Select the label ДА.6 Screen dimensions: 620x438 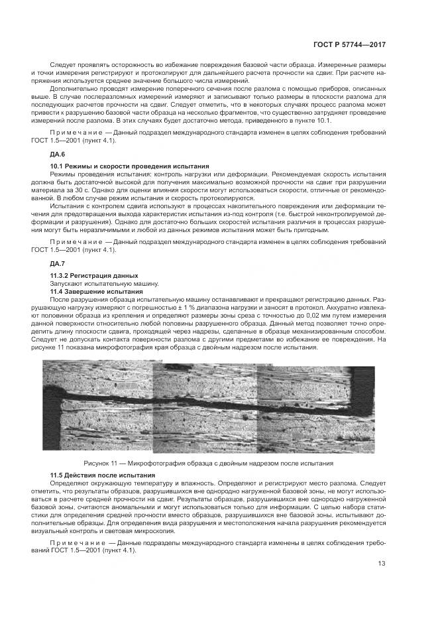click(60, 154)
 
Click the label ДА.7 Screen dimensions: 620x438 click(60, 264)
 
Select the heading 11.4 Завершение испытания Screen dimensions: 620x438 click(97, 291)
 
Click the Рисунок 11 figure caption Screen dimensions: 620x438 click(208, 463)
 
